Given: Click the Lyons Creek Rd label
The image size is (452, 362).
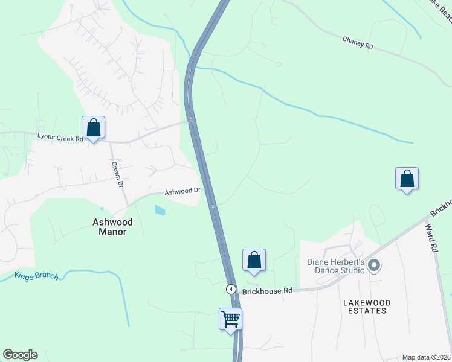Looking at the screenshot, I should pyautogui.click(x=60, y=138).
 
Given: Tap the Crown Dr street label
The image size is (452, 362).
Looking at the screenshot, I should pyautogui.click(x=118, y=175).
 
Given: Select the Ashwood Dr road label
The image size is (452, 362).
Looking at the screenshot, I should pyautogui.click(x=182, y=192).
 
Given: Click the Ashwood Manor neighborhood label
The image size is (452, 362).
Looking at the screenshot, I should pyautogui.click(x=112, y=227).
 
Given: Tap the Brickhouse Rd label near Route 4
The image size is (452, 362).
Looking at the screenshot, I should pyautogui.click(x=267, y=291).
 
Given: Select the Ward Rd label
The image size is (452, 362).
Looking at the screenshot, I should pyautogui.click(x=431, y=238).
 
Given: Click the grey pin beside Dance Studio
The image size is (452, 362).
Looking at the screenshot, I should pyautogui.click(x=374, y=265).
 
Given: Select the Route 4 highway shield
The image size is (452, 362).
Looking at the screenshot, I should pyautogui.click(x=231, y=288).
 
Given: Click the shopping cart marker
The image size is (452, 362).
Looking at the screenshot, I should pyautogui.click(x=230, y=318).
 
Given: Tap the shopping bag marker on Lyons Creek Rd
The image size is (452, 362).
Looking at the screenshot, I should pyautogui.click(x=93, y=127).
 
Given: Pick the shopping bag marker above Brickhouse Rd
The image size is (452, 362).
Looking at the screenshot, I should pyautogui.click(x=254, y=260).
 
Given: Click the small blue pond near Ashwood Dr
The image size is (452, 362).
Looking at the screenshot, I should pyautogui.click(x=160, y=210).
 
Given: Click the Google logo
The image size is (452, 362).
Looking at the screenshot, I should pyautogui.click(x=20, y=355).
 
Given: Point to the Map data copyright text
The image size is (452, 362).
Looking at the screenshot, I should pyautogui.click(x=425, y=357).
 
